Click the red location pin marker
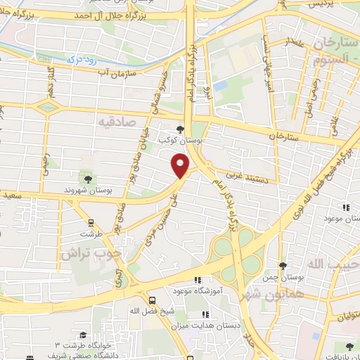[181, 165]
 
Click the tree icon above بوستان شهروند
[87, 180]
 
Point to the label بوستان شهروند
[88, 191]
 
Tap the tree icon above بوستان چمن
[283, 266]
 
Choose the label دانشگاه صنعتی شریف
[72, 355]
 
